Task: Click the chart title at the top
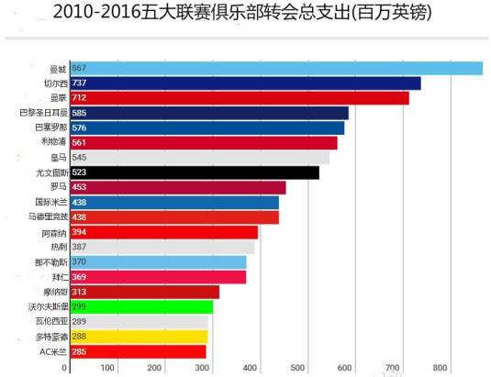(244, 13)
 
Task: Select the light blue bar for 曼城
(275, 68)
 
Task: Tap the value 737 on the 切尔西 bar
(79, 83)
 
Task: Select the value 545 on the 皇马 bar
(79, 157)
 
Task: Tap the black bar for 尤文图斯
(193, 172)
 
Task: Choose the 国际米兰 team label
(50, 202)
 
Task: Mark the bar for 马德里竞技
(173, 216)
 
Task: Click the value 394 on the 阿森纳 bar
(79, 232)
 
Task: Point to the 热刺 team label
(58, 247)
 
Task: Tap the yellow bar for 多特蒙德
(138, 337)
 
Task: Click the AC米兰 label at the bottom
(53, 351)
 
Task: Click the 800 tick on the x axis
(441, 368)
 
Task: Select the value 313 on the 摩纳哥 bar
(79, 292)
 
